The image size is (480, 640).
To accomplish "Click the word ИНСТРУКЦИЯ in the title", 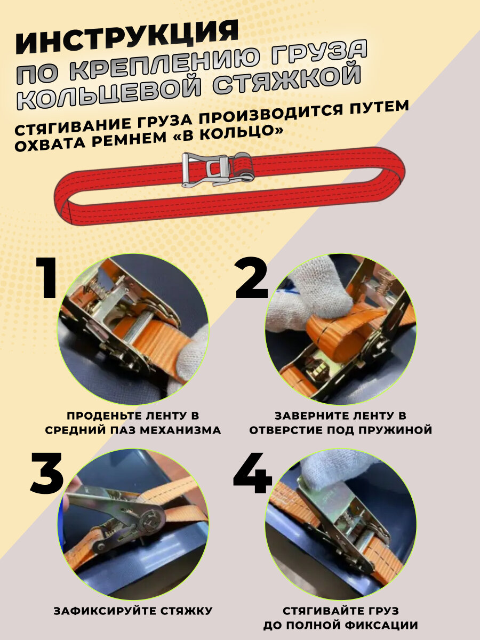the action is pos(127,38).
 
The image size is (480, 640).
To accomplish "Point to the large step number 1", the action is pos(46,278).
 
